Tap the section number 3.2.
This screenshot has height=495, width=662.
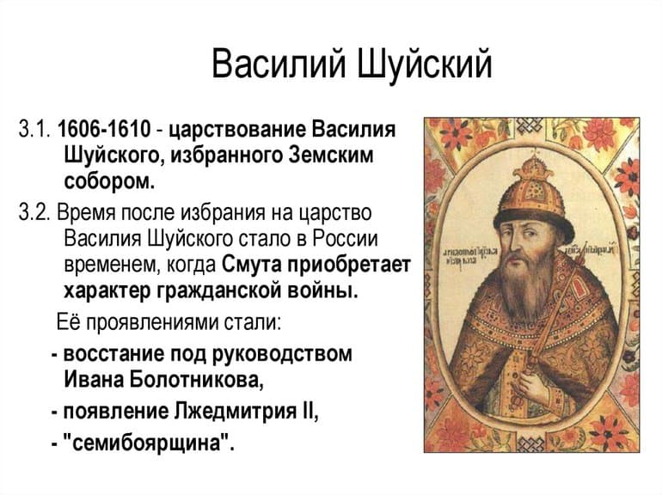34,211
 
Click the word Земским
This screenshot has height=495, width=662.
334,156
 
